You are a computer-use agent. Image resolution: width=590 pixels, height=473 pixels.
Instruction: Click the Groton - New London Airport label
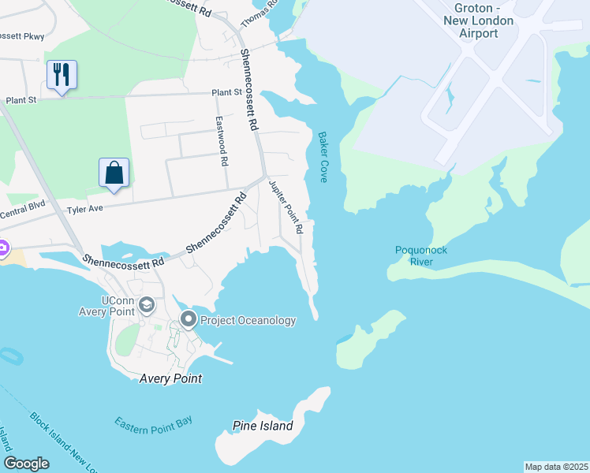click(478, 20)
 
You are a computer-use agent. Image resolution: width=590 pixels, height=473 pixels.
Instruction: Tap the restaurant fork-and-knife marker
click(62, 75)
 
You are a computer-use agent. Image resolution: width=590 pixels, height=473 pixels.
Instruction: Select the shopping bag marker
click(114, 173)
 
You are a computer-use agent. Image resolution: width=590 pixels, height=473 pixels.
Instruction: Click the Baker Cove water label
click(323, 157)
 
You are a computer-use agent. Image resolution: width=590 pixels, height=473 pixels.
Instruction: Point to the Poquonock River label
click(421, 255)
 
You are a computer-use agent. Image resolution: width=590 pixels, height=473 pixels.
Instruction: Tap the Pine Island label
click(263, 426)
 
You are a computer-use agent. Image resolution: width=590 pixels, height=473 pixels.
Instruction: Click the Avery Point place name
click(170, 378)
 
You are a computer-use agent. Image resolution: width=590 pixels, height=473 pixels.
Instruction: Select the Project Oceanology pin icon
click(189, 320)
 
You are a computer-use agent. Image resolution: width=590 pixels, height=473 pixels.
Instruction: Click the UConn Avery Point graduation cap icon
click(146, 305)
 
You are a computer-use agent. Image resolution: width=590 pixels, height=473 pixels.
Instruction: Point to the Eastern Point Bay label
click(153, 423)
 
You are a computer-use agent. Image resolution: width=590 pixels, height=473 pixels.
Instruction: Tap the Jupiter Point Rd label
click(286, 207)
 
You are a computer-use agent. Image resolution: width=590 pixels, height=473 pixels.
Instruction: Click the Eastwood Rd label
click(223, 141)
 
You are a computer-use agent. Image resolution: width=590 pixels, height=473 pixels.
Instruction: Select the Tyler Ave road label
click(86, 210)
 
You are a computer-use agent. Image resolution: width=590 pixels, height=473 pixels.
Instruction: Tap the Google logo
click(26, 464)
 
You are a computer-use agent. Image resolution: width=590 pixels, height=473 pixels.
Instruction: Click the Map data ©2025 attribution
click(555, 467)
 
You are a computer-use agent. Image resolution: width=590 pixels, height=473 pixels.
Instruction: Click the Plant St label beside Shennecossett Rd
click(226, 93)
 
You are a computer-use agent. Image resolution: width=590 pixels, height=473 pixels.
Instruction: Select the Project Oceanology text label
click(248, 320)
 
